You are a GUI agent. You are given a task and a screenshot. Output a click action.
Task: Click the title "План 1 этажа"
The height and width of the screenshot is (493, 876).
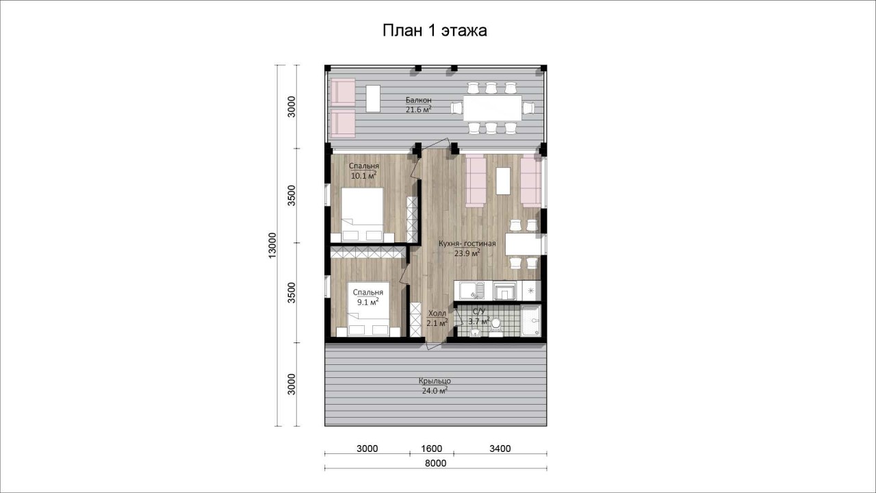click(435, 31)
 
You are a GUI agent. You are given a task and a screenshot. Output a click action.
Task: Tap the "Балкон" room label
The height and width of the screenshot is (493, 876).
click(418, 100)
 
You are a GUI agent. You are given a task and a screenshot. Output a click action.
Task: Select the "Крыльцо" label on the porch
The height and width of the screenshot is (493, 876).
click(435, 381)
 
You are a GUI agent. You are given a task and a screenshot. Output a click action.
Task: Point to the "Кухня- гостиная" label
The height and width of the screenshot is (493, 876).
click(467, 243)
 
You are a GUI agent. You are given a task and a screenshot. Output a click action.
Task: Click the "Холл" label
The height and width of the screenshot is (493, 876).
click(437, 314)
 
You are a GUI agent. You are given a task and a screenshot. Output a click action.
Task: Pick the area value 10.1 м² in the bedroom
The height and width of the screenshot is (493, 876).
click(363, 175)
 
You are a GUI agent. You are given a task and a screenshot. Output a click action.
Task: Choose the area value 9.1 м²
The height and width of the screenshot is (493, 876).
click(368, 302)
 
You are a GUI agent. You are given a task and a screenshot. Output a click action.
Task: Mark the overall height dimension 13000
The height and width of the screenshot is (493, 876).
click(272, 245)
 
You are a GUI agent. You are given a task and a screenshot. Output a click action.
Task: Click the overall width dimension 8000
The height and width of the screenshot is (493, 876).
click(436, 464)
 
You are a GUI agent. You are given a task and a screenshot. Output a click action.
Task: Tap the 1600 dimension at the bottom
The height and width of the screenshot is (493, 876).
click(432, 448)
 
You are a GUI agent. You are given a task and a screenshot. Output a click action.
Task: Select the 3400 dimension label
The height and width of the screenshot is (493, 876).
click(500, 448)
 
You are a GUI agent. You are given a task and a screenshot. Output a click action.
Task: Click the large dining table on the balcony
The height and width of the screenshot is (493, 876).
click(492, 108)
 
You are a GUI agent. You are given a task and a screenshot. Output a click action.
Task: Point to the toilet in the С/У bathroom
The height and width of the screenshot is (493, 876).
click(496, 327)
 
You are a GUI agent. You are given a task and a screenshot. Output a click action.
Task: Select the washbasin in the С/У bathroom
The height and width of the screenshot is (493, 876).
click(475, 332)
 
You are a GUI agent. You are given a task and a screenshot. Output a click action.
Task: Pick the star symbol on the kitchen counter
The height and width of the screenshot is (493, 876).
click(530, 290)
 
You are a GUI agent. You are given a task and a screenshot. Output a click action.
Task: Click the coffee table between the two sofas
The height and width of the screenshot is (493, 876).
click(503, 181)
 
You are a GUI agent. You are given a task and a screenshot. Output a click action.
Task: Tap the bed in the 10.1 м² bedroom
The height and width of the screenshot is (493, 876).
click(362, 215)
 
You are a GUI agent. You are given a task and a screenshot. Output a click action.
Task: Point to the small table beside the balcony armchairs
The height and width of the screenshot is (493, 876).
click(373, 98)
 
